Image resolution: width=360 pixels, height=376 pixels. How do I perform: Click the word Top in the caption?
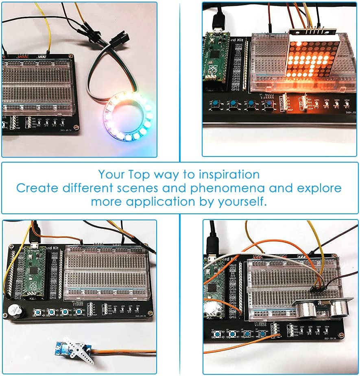(138, 175)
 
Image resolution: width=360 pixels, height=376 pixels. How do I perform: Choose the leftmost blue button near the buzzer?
(39, 312)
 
